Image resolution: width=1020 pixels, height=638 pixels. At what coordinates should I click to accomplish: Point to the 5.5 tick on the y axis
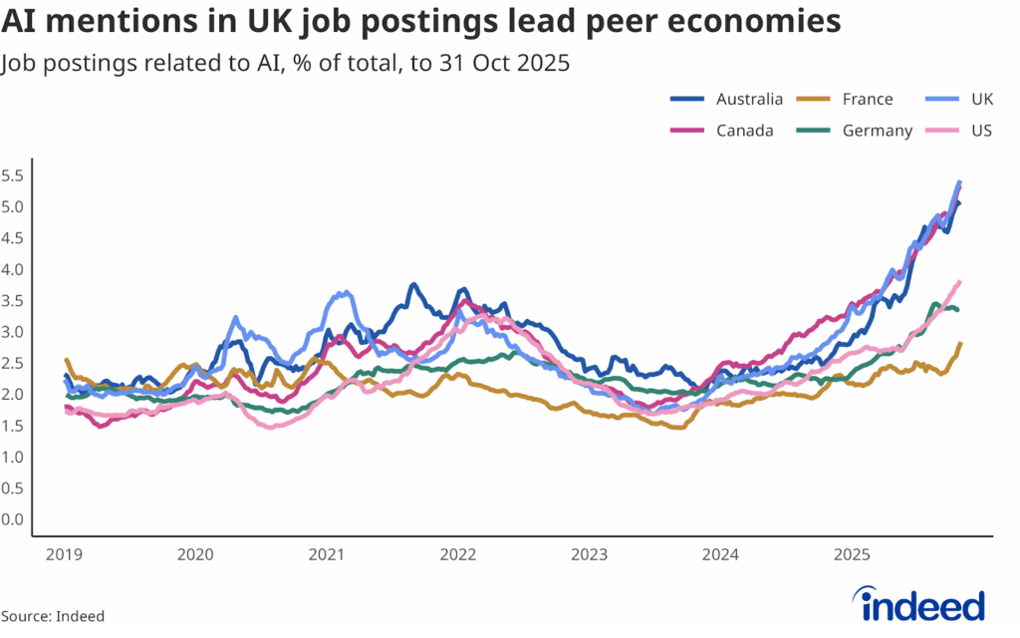12,175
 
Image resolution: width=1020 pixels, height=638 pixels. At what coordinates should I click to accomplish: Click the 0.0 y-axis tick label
12,519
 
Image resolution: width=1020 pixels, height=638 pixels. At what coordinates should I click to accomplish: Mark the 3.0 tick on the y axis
12,332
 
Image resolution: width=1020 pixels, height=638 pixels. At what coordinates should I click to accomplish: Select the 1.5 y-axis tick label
12,426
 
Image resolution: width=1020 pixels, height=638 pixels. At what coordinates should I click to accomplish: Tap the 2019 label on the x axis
63,554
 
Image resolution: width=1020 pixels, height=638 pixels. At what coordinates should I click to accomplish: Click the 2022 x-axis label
458,554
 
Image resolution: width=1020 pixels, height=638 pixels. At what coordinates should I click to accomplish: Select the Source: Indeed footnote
53,615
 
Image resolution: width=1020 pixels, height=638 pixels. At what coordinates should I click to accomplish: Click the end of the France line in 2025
960,344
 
